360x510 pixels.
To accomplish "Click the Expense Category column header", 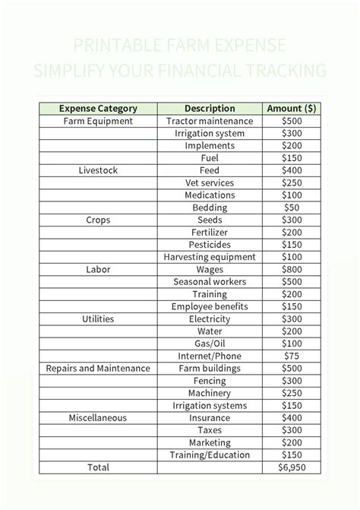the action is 97,109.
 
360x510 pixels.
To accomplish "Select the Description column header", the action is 210,109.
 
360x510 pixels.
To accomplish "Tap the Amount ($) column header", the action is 292,109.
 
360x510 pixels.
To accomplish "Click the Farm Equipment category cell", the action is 97,121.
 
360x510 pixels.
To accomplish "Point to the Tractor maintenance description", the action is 210,121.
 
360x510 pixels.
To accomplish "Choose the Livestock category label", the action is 97,170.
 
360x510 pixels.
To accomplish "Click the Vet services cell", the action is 210,183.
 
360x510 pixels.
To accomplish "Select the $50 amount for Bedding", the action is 292,207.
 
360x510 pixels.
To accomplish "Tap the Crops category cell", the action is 97,220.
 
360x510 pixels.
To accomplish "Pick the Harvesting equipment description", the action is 210,257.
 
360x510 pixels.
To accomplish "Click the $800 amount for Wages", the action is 292,269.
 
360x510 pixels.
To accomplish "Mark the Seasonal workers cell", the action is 210,282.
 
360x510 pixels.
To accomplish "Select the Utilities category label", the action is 97,319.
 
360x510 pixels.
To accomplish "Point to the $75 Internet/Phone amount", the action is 292,356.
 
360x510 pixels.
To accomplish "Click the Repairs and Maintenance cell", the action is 97,369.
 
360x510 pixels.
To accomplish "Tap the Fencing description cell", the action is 210,381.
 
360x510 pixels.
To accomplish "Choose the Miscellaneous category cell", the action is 97,418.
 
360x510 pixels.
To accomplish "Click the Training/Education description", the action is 210,455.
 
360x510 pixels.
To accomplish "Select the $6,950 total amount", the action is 292,467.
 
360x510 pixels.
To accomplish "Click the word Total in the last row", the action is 97,467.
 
